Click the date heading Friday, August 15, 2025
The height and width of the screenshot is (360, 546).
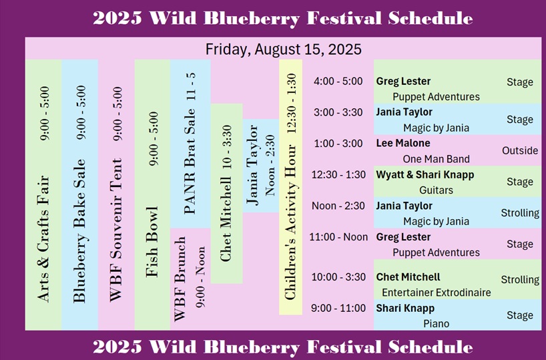coord(284,49)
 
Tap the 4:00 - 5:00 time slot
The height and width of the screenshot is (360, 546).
coord(338,81)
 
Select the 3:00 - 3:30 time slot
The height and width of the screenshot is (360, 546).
coord(338,112)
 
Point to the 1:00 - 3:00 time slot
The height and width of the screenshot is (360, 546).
coord(338,143)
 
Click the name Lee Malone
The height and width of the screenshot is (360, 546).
coord(403,143)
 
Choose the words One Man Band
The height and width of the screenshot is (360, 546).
coord(437,159)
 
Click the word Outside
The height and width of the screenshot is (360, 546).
coord(520,150)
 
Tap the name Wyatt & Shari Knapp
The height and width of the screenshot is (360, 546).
coord(425,174)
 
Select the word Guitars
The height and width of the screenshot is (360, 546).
coord(437,190)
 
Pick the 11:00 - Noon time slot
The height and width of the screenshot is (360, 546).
coord(338,237)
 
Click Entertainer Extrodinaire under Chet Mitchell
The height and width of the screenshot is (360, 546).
coord(437,293)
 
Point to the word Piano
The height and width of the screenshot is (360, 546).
coord(437,324)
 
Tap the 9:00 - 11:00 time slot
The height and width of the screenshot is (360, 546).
coord(338,308)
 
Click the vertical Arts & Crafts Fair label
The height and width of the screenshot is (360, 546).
coord(43,238)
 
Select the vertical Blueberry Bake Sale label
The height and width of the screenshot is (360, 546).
coord(79,230)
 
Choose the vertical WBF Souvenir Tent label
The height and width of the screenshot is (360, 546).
coord(115,230)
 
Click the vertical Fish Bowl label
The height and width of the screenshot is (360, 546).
coord(152,242)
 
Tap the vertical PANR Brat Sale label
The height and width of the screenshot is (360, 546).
coord(190,161)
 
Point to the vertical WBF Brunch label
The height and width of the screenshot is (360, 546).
coord(180,279)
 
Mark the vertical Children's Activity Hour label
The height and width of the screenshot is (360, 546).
coord(290,222)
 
